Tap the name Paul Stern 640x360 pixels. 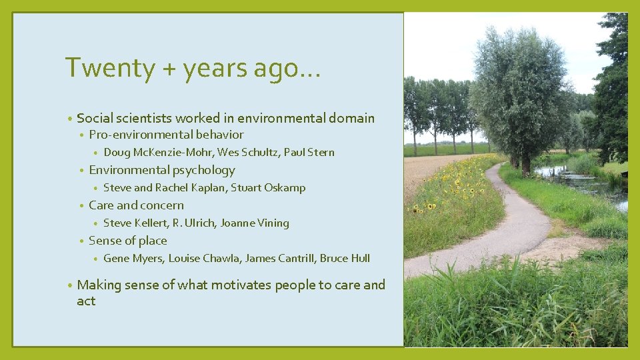[x=309, y=153]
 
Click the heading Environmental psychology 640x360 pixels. [x=162, y=170]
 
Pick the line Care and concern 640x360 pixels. [x=136, y=205]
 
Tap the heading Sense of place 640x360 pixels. [x=128, y=241]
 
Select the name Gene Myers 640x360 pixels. [x=133, y=259]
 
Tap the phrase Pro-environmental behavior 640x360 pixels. [x=166, y=135]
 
